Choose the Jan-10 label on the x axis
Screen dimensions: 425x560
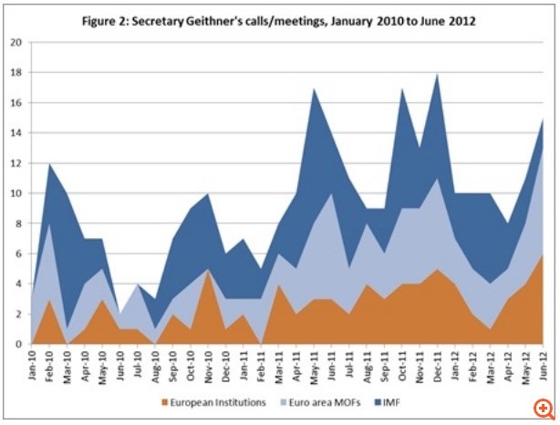point(33,362)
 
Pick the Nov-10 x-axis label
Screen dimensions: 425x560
point(210,362)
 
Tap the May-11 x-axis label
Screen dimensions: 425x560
point(316,362)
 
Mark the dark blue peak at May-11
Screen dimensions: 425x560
point(316,89)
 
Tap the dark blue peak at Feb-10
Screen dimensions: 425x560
point(50,165)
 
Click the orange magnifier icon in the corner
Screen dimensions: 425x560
point(544,406)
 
